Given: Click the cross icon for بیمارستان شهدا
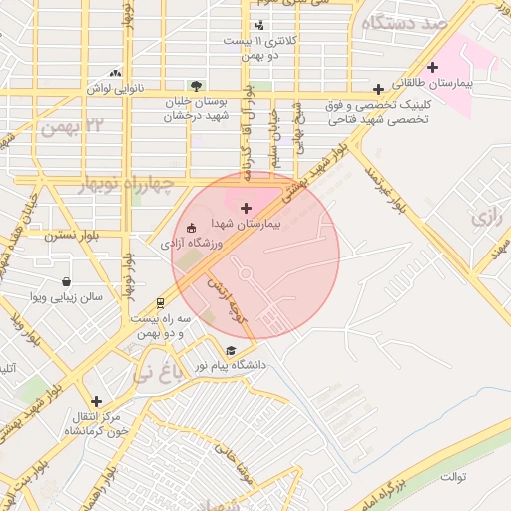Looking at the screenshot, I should coord(247,208).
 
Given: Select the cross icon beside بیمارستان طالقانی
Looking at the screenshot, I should coord(431,67).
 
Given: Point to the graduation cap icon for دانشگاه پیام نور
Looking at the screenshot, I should coord(233,351).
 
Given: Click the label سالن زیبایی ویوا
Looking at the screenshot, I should coord(67,297).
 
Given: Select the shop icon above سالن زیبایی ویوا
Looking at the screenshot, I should coord(67,282).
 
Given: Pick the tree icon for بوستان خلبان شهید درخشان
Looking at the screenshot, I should coord(196,86).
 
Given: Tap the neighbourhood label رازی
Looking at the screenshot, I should coord(488,215).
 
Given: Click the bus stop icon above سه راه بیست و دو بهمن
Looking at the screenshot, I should coord(160,302).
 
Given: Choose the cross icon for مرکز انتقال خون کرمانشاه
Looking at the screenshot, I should coord(96,401).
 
